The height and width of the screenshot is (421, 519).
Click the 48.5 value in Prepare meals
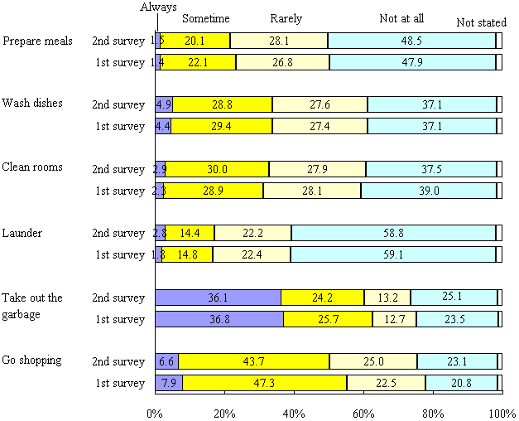pos(411,41)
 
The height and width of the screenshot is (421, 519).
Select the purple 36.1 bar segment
pos(218,298)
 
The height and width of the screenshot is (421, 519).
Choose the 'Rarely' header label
pos(286,18)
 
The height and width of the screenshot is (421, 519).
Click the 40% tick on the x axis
pos(294,412)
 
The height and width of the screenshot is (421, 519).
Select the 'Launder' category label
pos(22,233)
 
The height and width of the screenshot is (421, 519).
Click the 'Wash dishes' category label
pos(33,104)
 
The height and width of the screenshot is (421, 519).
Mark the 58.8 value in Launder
pos(393,234)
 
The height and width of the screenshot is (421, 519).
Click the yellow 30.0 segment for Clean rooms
pos(218,169)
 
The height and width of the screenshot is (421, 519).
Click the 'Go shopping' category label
pos(33,361)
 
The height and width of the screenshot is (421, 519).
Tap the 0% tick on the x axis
pos(155,412)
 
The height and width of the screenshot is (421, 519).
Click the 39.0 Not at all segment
pos(428,191)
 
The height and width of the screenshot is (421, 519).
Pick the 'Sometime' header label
pos(206,18)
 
